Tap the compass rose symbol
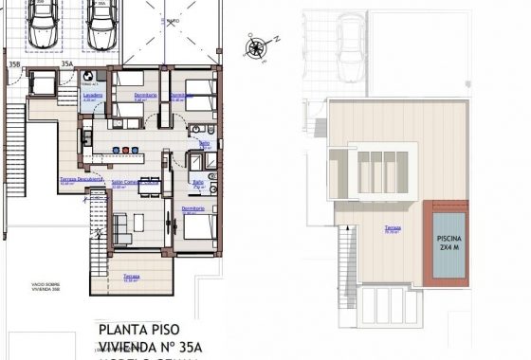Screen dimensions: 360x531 (x=256, y=45)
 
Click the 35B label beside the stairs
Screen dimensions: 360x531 (x=14, y=64)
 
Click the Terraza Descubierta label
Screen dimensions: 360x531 (x=82, y=178)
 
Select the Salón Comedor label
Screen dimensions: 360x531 (x=129, y=182)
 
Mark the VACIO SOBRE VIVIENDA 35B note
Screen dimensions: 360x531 (x=30, y=286)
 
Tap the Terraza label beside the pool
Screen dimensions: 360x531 (x=392, y=228)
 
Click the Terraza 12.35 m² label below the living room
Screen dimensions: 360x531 (x=131, y=277)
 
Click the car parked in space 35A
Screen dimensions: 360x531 (x=104, y=27)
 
